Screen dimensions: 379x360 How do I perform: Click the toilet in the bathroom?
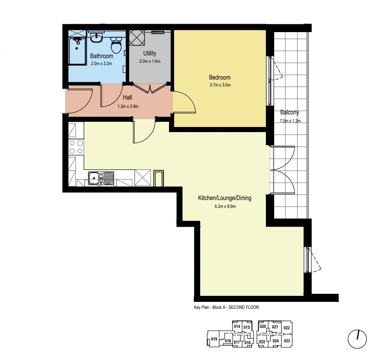click(116, 45)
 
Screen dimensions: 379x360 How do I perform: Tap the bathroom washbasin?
click(97, 37)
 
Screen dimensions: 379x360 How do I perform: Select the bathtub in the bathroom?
click(77, 51)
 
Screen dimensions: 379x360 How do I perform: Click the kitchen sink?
click(101, 178)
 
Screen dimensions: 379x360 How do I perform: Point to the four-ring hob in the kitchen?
click(76, 147)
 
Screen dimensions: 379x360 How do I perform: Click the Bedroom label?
click(220, 77)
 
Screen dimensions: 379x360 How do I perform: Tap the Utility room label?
click(149, 53)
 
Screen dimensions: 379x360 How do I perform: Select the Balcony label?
click(290, 112)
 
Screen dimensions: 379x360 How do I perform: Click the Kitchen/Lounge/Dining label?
click(224, 198)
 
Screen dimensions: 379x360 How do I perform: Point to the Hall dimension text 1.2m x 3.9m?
click(128, 106)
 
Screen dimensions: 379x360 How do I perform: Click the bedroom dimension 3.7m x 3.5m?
click(220, 85)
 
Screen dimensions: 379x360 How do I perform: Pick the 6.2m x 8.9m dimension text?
click(225, 207)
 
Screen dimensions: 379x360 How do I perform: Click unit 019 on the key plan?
click(214, 339)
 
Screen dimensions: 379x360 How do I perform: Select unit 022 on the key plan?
click(287, 327)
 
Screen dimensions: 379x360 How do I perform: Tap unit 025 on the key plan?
click(262, 342)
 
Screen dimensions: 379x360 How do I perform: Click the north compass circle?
click(357, 339)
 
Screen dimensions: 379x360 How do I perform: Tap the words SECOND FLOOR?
click(244, 307)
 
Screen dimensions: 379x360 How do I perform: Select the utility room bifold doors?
click(150, 89)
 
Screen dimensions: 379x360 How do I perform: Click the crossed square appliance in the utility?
click(136, 38)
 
